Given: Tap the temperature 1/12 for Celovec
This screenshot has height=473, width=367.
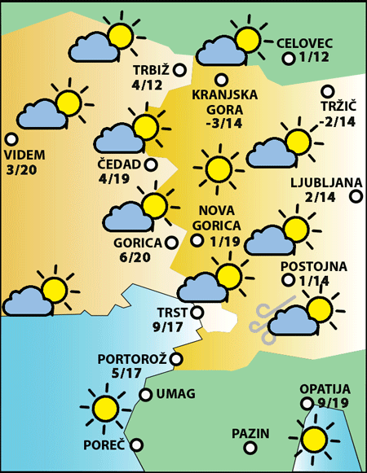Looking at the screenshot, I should tap(314, 58).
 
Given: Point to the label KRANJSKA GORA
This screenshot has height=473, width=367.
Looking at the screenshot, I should tap(224, 102).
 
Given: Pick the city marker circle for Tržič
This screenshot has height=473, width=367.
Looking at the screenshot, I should tap(328, 91).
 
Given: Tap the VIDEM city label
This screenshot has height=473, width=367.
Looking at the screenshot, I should tap(24, 155).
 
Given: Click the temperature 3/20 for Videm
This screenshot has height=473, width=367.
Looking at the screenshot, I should tap(22, 170).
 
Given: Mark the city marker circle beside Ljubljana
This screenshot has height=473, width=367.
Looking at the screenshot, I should tap(355, 196).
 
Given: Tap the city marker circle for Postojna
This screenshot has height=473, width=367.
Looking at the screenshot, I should tap(287, 280).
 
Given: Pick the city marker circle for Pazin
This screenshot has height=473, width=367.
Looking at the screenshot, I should tap(277, 433).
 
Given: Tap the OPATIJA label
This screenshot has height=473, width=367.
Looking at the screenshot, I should tap(324, 388).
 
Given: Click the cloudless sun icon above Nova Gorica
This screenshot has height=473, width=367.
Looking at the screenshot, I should tap(217, 169).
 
